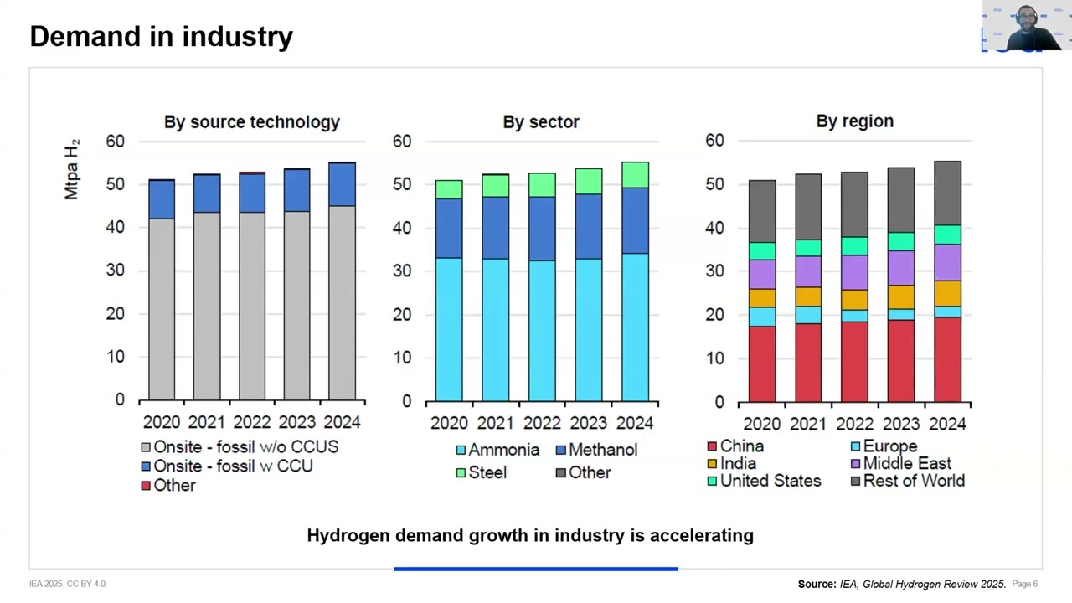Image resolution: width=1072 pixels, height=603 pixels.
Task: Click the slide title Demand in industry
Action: click(161, 36)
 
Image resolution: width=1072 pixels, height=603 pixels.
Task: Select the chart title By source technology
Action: click(251, 121)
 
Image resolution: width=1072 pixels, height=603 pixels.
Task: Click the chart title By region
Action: click(854, 121)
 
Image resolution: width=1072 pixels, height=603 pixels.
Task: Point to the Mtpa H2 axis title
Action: click(72, 170)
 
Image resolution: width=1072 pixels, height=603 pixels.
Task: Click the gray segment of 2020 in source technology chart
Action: click(162, 310)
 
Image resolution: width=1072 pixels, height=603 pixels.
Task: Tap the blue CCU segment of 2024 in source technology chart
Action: click(342, 184)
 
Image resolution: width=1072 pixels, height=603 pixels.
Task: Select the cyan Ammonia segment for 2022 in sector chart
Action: click(542, 331)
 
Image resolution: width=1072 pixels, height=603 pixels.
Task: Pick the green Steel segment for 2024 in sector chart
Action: click(635, 174)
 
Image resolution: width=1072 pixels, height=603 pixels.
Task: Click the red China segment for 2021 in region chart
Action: click(808, 363)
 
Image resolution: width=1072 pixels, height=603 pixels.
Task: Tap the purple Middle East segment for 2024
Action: click(947, 262)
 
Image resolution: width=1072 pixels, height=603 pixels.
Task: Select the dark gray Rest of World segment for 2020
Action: click(761, 211)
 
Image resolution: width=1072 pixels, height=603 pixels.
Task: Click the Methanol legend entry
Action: click(595, 450)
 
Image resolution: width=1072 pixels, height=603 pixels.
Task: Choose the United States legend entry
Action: click(763, 481)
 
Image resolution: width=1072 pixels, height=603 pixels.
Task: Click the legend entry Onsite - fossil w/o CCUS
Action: click(239, 447)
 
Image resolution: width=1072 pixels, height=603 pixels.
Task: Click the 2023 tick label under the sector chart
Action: click(588, 423)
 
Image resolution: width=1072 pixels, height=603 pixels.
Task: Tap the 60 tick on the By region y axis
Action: click(714, 140)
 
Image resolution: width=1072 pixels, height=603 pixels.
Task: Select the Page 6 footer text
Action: click(1024, 584)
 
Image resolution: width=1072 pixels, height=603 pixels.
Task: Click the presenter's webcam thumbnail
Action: click(1026, 27)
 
